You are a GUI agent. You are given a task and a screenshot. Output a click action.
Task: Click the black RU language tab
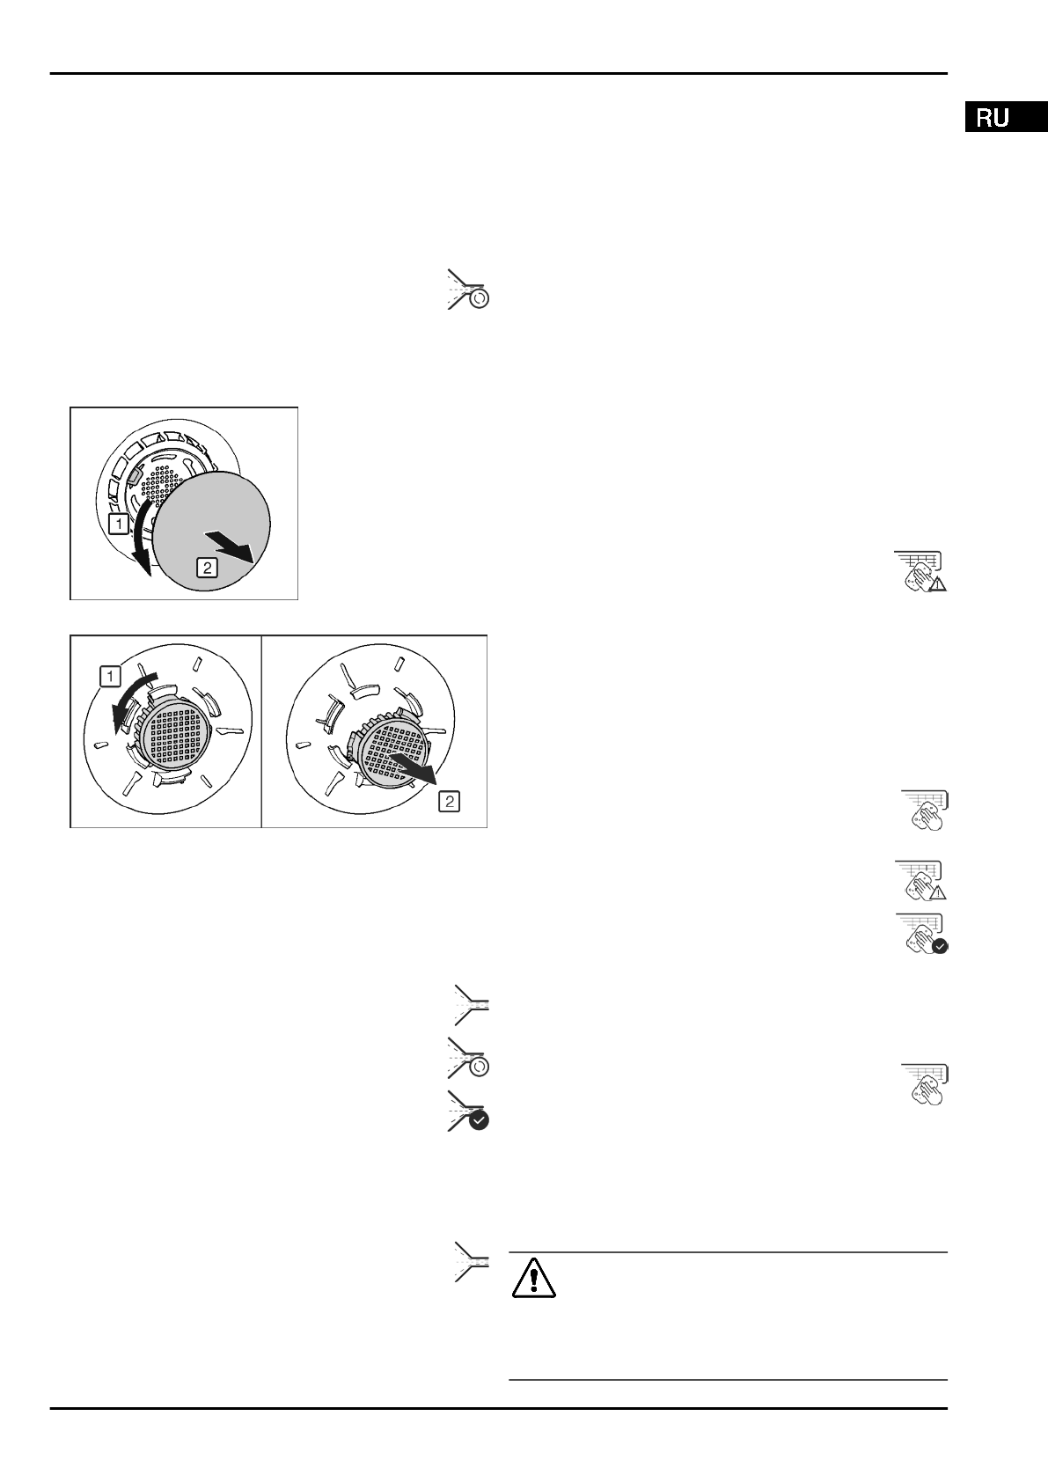coord(1006,117)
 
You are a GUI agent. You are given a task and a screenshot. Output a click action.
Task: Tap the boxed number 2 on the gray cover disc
coord(207,568)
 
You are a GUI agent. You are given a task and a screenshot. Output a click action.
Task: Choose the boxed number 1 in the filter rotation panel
coord(109,676)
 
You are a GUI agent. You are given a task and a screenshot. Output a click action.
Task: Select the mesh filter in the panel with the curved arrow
coord(177,724)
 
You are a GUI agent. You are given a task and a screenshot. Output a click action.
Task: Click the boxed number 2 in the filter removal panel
coord(450,801)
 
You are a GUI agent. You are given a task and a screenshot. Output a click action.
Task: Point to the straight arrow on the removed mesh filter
coord(414,768)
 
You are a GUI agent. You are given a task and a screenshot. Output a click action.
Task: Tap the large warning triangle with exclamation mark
coord(533,1278)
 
